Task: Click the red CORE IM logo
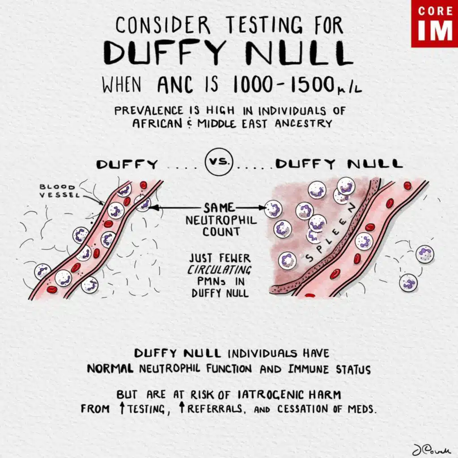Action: pos(434,23)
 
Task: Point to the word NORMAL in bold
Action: pos(110,369)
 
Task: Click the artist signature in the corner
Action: pos(428,448)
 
